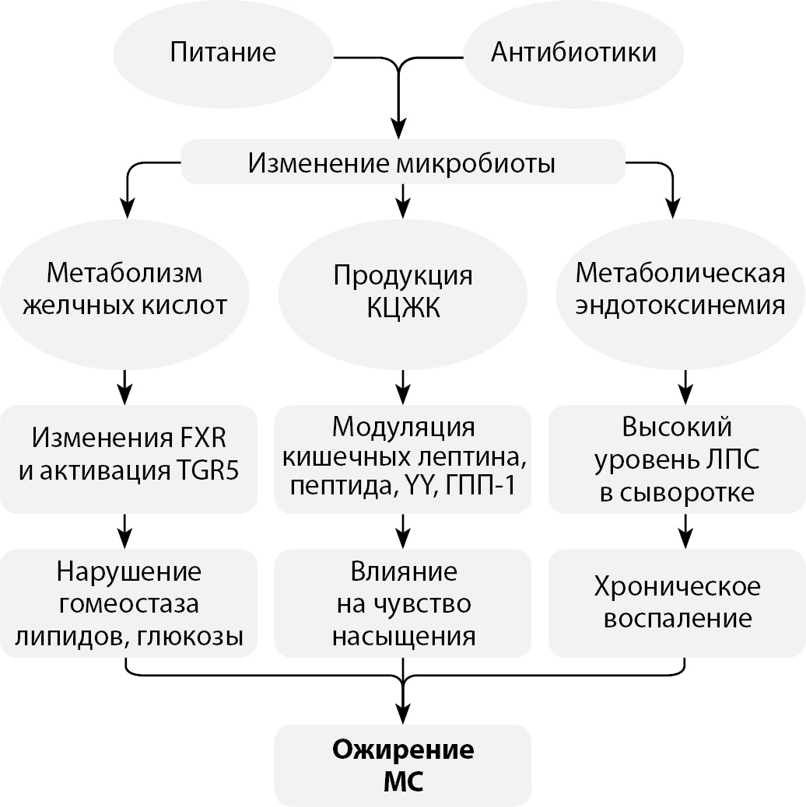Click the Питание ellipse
pos(223,53)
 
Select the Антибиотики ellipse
pos(573,53)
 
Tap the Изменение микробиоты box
pos(402,162)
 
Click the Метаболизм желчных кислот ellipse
pos(124,290)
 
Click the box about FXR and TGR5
pos(128,459)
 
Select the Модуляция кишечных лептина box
pos(402,459)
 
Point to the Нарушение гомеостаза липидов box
pos(128,603)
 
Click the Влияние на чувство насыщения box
pos(402,603)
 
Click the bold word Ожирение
pos(402,751)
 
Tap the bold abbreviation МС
pos(402,780)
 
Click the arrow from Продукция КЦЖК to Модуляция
pos(402,383)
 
